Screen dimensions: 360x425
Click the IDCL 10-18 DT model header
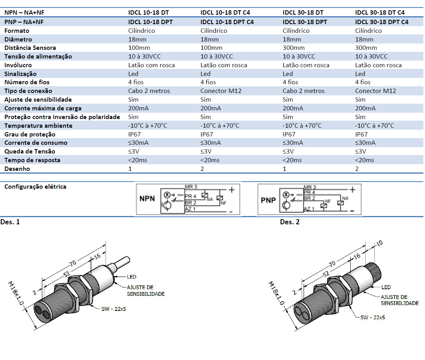click(x=148, y=13)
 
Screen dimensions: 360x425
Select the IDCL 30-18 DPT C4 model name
click(x=382, y=22)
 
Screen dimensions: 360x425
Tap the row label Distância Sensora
click(x=30, y=48)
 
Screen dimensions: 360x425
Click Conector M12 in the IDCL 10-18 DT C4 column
click(x=221, y=91)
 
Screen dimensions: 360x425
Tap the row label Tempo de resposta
click(x=32, y=160)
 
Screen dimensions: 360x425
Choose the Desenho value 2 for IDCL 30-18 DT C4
click(x=357, y=169)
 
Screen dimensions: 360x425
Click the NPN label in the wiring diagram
click(x=147, y=199)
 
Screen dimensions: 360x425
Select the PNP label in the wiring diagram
click(x=268, y=200)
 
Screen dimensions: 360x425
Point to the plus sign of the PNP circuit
click(x=352, y=189)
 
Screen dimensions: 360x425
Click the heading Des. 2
click(x=290, y=222)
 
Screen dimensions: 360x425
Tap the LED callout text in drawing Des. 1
click(x=132, y=277)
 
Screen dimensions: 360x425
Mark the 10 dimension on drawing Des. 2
click(x=380, y=243)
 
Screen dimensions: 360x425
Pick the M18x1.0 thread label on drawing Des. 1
click(x=17, y=293)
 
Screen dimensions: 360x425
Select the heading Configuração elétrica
click(x=35, y=187)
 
